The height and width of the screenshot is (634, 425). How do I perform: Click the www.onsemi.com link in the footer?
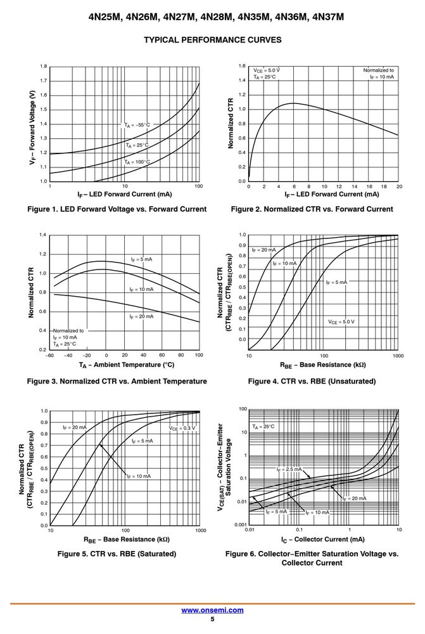[212, 610]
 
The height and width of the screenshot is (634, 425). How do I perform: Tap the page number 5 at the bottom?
[213, 619]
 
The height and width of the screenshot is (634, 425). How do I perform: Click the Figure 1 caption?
[117, 209]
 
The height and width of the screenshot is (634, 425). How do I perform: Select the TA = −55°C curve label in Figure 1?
[137, 125]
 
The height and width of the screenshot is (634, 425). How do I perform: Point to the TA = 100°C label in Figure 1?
[137, 162]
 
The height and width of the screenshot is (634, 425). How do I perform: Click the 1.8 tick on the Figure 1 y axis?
[44, 67]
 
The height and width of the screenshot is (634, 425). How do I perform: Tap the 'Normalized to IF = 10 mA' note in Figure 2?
[379, 73]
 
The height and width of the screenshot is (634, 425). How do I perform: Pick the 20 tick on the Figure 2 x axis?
[399, 186]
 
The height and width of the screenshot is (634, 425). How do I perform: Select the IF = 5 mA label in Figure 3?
[141, 259]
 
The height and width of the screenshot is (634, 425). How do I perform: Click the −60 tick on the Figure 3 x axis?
[49, 355]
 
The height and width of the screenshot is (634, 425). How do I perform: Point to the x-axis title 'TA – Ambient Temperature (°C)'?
[127, 365]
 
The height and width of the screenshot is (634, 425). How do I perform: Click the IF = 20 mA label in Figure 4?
[264, 250]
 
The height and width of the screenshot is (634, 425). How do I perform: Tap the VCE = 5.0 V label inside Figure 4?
[341, 322]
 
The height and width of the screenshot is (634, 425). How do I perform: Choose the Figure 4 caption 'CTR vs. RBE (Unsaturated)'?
[312, 381]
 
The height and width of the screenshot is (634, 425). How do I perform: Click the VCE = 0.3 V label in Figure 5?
[182, 428]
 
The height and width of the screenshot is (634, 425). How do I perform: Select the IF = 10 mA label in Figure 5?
[139, 476]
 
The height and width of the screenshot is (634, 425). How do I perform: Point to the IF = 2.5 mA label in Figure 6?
[289, 469]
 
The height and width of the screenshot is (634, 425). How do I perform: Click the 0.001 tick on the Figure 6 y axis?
[241, 525]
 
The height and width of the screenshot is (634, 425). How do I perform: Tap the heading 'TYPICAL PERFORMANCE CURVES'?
[213, 40]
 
